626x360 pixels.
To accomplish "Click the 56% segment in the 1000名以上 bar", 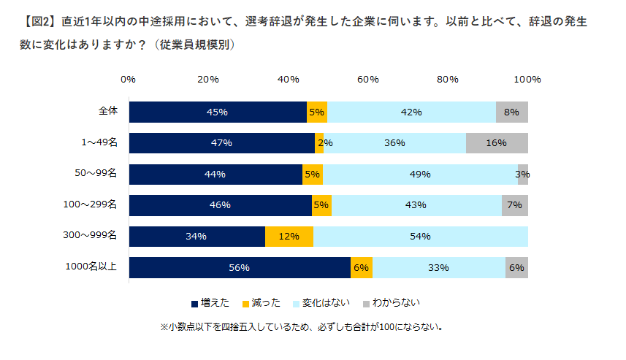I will (240, 268).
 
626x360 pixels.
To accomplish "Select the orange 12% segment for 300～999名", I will (289, 237).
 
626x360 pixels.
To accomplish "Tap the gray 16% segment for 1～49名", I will (497, 143).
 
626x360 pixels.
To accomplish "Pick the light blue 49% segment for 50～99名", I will (420, 175).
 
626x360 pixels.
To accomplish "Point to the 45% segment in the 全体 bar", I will (218, 112).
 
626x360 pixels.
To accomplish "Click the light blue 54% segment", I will (421, 237).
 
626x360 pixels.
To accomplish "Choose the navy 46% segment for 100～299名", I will (220, 205).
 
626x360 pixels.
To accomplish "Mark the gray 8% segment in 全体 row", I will (511, 112).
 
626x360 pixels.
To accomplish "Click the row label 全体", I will (108, 112).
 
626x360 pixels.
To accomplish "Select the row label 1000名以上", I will (95, 267).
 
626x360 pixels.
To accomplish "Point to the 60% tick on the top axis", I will (367, 79).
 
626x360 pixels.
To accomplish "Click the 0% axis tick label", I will (129, 79).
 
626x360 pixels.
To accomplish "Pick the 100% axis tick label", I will (527, 79).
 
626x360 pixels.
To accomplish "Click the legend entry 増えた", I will (212, 302).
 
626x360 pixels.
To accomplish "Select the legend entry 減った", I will (262, 302).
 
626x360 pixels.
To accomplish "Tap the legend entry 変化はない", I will (324, 302).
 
